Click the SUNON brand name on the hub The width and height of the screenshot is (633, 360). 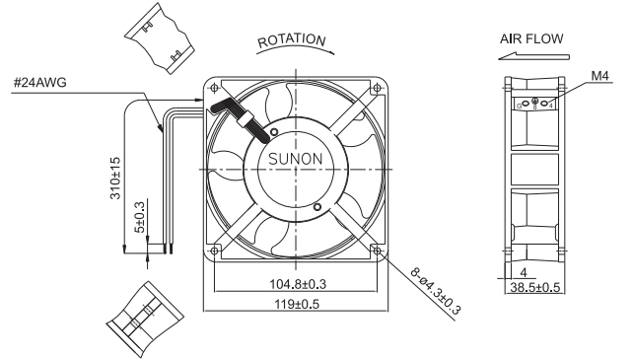click(x=296, y=159)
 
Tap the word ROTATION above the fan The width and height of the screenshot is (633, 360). click(x=292, y=40)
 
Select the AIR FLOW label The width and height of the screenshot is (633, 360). click(x=531, y=38)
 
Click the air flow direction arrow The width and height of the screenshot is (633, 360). click(x=533, y=56)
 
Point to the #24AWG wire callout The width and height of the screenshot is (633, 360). click(x=40, y=83)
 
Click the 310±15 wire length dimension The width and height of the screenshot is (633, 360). click(x=115, y=178)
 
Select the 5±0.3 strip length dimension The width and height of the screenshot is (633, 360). click(x=139, y=217)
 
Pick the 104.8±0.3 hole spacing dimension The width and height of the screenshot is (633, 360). click(x=298, y=284)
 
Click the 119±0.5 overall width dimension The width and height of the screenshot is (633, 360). click(x=297, y=304)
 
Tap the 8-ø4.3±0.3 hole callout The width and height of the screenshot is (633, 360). click(x=436, y=291)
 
